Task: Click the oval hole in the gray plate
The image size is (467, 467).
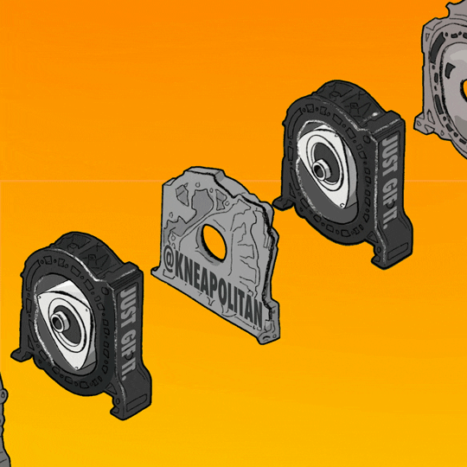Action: [x=214, y=242]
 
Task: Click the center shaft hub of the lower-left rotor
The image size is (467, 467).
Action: [x=57, y=322]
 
